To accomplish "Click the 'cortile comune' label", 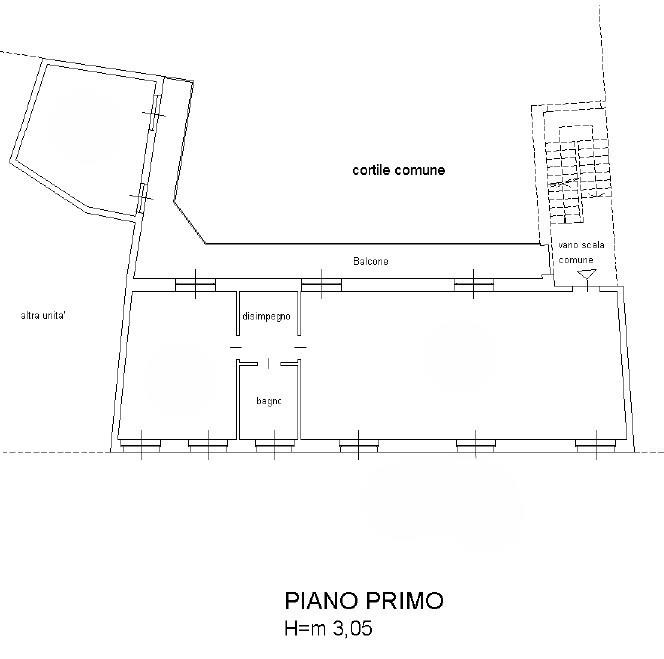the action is [x=398, y=170].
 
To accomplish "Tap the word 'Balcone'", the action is [x=371, y=261].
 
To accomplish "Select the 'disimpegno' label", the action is [x=266, y=316].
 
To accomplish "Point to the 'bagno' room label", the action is [x=269, y=401].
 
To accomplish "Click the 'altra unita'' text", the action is [x=43, y=316].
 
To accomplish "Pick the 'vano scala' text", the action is [x=581, y=245].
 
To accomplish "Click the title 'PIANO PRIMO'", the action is [x=364, y=601].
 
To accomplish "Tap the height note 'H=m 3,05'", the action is [x=329, y=628].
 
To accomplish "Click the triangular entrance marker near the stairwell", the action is [x=587, y=274].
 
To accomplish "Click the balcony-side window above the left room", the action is [x=195, y=285].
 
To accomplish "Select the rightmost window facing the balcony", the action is [x=473, y=285].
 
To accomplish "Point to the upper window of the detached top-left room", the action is [x=155, y=113].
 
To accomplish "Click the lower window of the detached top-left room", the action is [x=142, y=198].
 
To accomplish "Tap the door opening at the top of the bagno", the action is [x=268, y=363].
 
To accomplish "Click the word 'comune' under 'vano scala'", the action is [x=576, y=260].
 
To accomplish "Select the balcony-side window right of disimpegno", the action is [x=321, y=285].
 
